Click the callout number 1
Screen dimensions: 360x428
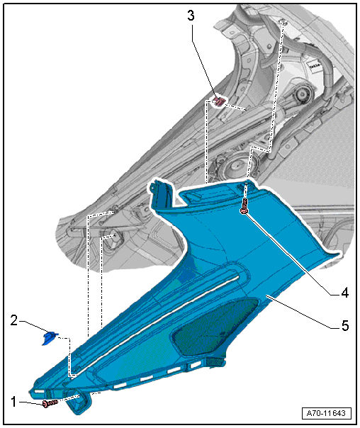point(13,402)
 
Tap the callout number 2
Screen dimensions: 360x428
point(14,320)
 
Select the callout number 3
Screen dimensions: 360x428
point(191,16)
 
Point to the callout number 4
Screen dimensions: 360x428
point(345,293)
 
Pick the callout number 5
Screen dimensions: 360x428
point(345,326)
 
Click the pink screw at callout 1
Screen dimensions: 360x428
point(50,403)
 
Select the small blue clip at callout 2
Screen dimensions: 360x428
point(50,337)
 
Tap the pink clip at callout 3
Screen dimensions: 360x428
point(219,101)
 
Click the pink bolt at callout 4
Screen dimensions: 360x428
point(244,206)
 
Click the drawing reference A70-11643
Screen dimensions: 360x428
point(327,412)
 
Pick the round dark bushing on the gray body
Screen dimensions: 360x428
point(302,94)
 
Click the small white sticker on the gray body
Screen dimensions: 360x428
point(315,65)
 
